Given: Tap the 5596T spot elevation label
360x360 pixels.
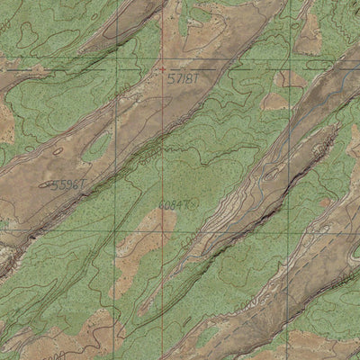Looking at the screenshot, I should point(68,184).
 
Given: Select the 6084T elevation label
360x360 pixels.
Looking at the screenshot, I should point(175,206).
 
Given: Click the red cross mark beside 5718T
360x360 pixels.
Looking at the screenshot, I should point(161,68).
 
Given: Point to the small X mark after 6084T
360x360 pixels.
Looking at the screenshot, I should point(194,205).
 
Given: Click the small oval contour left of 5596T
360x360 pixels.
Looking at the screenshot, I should point(44,184).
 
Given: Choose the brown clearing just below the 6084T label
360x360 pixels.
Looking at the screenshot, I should point(162,225).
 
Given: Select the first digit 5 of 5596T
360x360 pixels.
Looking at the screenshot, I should point(54,184).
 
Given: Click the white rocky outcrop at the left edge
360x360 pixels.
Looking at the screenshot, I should point(7,261).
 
